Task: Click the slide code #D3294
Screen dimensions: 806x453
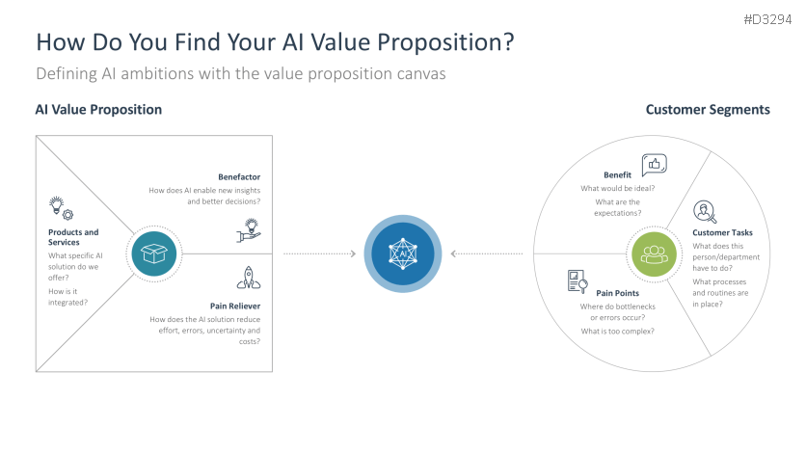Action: pyautogui.click(x=767, y=19)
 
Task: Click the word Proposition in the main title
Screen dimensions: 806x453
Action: pyautogui.click(x=445, y=42)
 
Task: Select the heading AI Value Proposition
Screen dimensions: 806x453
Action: pyautogui.click(x=98, y=110)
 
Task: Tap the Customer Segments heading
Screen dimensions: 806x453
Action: pyautogui.click(x=708, y=110)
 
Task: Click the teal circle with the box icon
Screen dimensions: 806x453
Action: pyautogui.click(x=153, y=253)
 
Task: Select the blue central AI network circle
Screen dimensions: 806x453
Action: pyautogui.click(x=403, y=253)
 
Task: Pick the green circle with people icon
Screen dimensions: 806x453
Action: pyautogui.click(x=654, y=253)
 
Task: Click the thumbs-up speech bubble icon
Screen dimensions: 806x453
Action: pyautogui.click(x=655, y=165)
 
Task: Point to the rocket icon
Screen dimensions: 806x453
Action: pyautogui.click(x=249, y=278)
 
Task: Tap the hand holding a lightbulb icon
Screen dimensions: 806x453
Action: pyautogui.click(x=249, y=230)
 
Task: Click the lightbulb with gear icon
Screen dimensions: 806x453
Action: pyautogui.click(x=61, y=208)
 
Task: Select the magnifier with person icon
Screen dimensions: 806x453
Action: pyautogui.click(x=705, y=212)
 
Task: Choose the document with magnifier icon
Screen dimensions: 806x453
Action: pyautogui.click(x=578, y=281)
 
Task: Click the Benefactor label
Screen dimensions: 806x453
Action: pyautogui.click(x=239, y=176)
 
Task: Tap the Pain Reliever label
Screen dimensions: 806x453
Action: pyautogui.click(x=235, y=306)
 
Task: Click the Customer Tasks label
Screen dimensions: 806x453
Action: pyautogui.click(x=722, y=232)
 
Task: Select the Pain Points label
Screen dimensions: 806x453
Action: pyautogui.click(x=617, y=293)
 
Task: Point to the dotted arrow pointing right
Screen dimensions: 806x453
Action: pyautogui.click(x=320, y=253)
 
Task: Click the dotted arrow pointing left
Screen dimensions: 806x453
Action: pyautogui.click(x=486, y=253)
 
